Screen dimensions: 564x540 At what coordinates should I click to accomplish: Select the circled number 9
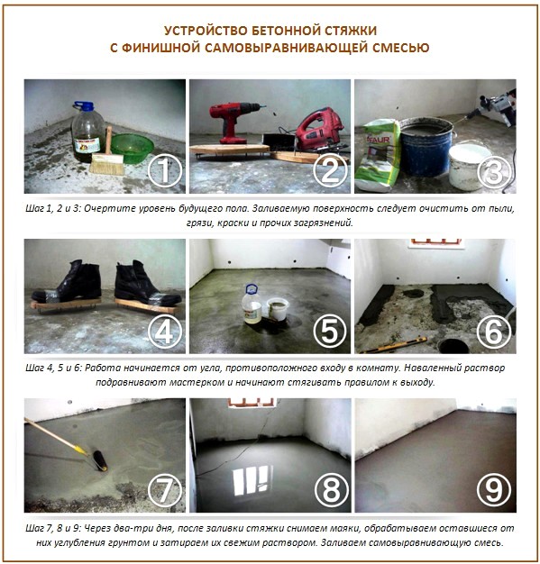[493, 490]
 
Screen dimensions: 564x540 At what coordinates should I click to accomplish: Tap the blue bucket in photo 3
[427, 145]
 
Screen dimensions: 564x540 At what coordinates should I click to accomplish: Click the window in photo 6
[435, 243]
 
